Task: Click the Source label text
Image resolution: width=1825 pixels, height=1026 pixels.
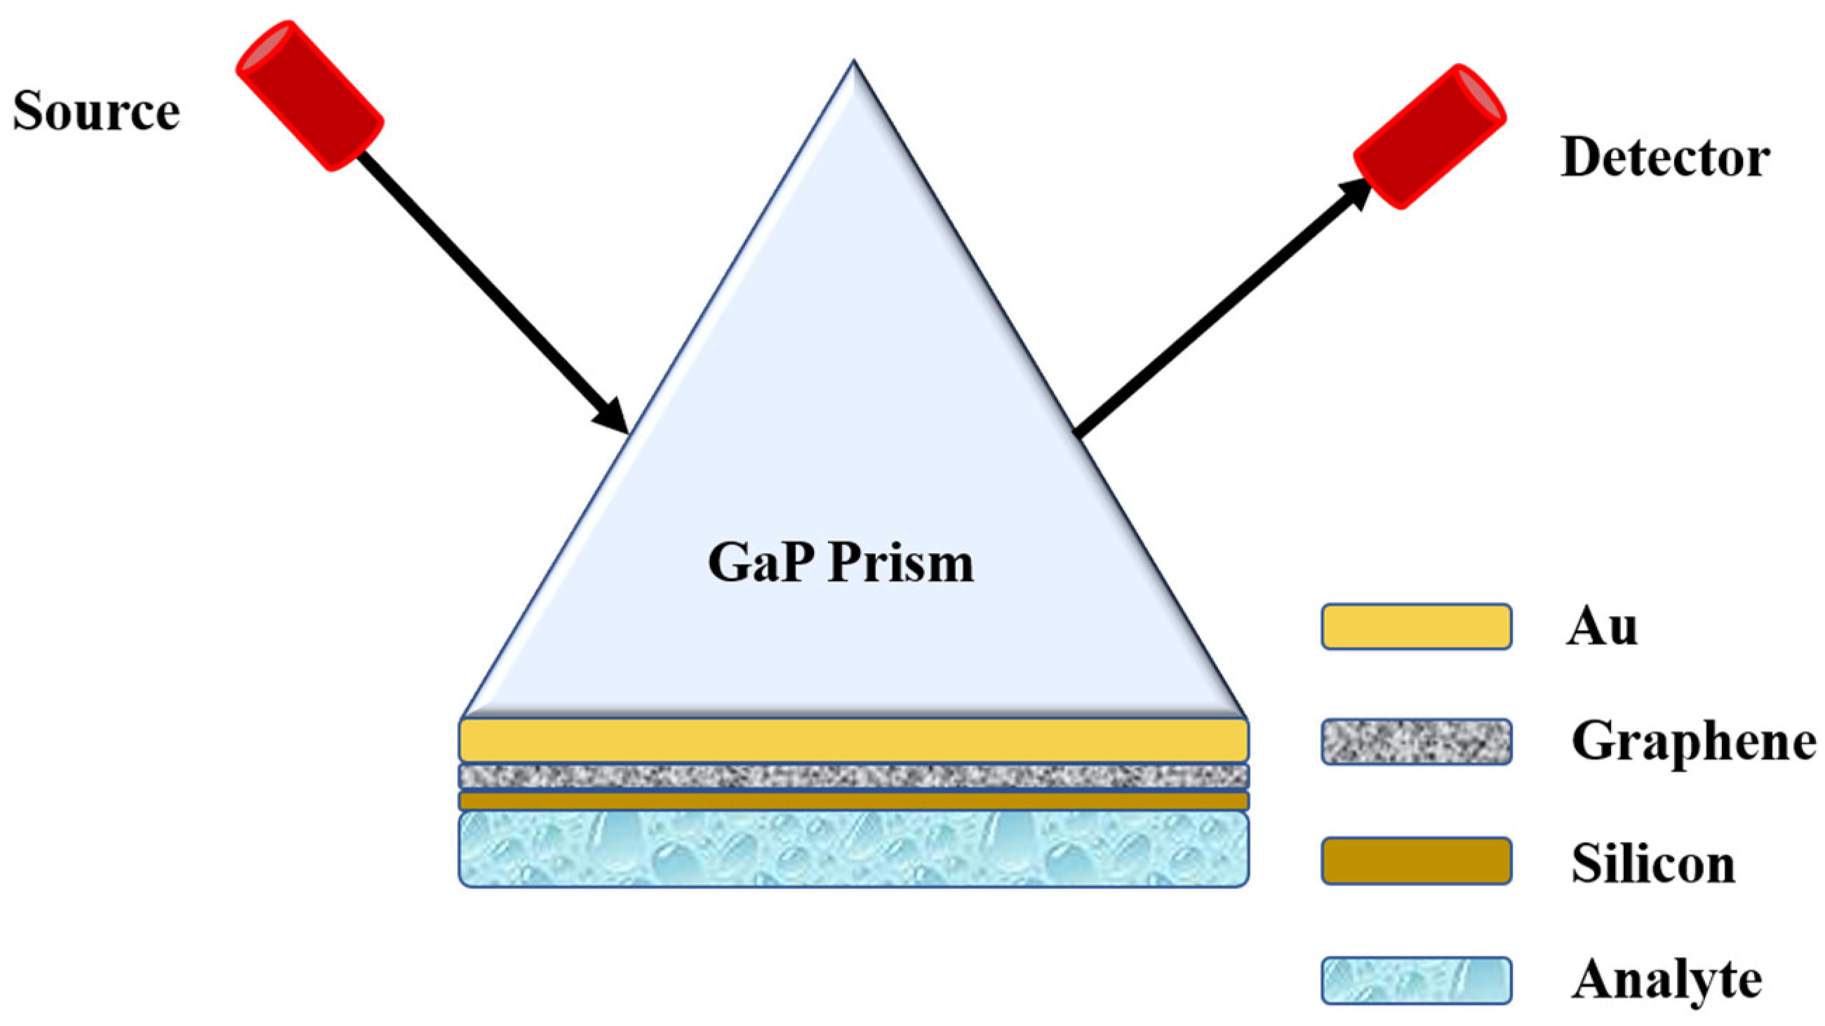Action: point(96,112)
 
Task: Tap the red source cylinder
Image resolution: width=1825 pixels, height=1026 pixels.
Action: point(309,95)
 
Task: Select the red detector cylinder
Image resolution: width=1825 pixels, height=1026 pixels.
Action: point(1430,137)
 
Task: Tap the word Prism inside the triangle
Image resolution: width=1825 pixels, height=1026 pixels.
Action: point(901,564)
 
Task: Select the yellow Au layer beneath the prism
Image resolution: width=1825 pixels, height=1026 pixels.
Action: point(854,740)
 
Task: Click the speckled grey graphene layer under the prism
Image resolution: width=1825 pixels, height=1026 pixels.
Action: point(854,776)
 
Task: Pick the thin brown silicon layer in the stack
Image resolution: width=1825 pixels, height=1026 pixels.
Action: point(854,801)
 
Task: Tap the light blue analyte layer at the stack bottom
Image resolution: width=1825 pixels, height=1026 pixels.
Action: point(854,849)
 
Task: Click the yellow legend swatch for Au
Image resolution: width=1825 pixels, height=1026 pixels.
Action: point(1416,627)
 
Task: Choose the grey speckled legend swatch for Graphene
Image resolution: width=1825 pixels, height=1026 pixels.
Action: point(1416,742)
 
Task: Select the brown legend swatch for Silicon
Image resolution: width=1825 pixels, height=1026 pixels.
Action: point(1416,861)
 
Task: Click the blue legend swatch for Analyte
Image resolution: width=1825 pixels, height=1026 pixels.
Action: point(1416,980)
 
